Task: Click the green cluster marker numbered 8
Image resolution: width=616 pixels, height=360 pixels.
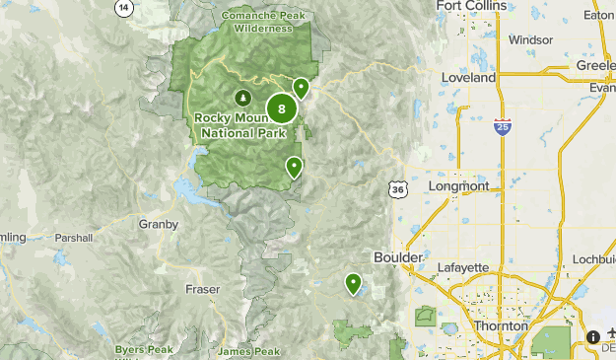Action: [x=282, y=108]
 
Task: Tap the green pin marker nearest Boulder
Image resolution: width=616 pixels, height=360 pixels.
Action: [x=353, y=284]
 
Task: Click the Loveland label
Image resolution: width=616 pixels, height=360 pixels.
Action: [x=469, y=77]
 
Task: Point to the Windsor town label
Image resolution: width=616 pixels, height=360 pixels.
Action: [x=531, y=40]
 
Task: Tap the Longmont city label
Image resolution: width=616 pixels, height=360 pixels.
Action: [x=459, y=185]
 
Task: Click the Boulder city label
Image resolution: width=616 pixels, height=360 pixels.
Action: [x=398, y=256]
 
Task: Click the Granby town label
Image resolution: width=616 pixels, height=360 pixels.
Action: [x=158, y=224]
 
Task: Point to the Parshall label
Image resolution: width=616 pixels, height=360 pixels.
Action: [x=74, y=238]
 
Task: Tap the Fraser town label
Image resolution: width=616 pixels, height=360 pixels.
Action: [x=202, y=289]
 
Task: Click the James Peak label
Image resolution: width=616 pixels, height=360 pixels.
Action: [x=249, y=351]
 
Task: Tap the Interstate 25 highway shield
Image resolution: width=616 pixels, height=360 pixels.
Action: [x=502, y=127]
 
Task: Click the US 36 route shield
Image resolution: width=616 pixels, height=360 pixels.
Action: [x=397, y=187]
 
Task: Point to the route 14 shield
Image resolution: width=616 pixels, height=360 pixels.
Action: [x=122, y=7]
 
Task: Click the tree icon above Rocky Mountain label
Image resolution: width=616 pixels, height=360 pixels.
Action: [x=242, y=98]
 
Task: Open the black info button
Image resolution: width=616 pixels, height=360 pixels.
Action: [x=593, y=337]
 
